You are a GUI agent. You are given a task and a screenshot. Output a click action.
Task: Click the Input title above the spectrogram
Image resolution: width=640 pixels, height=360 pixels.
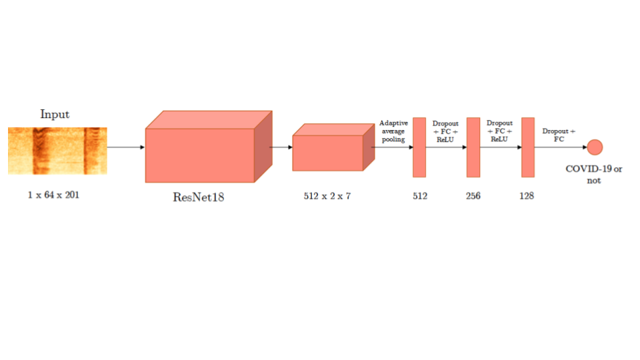(x=55, y=114)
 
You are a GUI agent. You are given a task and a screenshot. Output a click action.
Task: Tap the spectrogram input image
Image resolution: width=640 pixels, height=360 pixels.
(x=57, y=151)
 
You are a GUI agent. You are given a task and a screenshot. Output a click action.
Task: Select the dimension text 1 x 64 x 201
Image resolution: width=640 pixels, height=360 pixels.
(x=53, y=195)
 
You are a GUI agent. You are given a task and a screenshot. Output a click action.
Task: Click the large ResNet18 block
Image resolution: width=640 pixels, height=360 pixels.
(x=209, y=146)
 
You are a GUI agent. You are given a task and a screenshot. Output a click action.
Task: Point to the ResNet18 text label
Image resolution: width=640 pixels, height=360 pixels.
(x=199, y=197)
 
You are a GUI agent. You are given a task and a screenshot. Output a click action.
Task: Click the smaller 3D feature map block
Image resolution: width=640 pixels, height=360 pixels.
(x=333, y=147)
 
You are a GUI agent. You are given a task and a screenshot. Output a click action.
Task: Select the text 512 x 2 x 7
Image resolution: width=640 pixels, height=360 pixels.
(x=327, y=196)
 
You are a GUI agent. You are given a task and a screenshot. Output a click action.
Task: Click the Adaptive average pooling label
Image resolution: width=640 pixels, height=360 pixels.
(x=393, y=131)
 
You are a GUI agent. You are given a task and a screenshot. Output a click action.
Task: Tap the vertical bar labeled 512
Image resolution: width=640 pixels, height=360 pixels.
(x=419, y=147)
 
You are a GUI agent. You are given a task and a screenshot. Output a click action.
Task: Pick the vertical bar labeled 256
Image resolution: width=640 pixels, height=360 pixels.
(x=473, y=147)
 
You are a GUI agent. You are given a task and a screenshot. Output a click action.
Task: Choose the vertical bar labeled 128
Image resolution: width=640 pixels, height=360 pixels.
(x=528, y=147)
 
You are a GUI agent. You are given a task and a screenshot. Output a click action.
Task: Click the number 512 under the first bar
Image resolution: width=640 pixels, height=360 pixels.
(x=420, y=196)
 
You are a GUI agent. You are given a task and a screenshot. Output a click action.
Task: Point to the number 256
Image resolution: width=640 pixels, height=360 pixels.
(x=473, y=196)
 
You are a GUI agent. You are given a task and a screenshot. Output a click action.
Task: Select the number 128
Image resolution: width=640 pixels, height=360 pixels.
(x=527, y=196)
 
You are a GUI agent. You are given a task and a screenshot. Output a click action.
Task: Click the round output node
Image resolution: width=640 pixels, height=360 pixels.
(x=595, y=147)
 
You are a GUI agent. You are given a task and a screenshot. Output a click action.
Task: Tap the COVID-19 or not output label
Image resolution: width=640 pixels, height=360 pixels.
(x=594, y=174)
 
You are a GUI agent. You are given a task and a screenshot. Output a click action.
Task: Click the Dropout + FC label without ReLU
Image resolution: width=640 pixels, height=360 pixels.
(x=559, y=135)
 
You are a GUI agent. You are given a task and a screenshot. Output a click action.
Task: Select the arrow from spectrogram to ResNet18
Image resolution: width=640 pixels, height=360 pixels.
(x=126, y=147)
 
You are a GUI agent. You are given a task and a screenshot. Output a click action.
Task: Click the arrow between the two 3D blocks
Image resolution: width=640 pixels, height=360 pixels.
(x=281, y=147)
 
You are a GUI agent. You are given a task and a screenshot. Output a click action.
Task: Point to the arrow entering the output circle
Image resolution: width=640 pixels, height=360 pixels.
(x=561, y=147)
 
